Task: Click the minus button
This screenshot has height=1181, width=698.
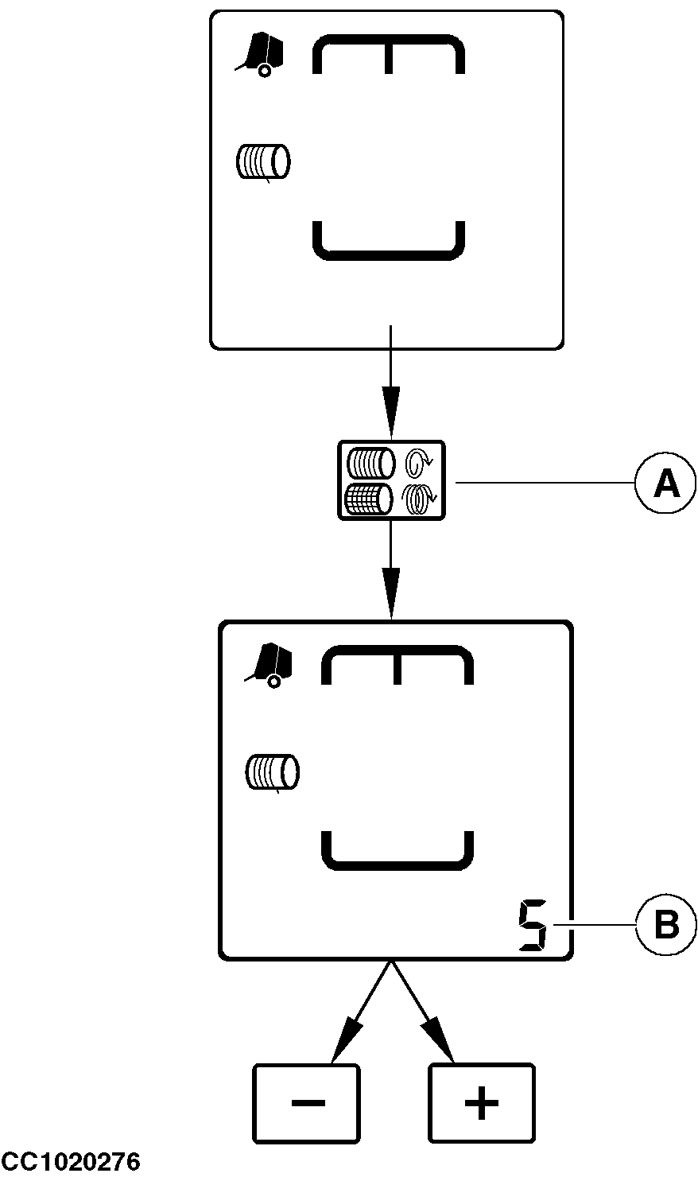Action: point(306,1103)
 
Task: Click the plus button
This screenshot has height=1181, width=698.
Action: point(481,1103)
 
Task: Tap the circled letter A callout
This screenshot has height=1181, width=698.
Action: point(665,482)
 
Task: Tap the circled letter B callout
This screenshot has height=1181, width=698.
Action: point(665,925)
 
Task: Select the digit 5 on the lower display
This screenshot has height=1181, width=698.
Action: point(532,927)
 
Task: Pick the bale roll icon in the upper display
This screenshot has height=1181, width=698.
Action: point(264,161)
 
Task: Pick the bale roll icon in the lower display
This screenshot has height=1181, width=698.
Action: point(273,772)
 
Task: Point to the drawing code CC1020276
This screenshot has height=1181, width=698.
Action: point(70,1163)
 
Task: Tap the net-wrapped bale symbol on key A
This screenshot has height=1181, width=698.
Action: point(370,499)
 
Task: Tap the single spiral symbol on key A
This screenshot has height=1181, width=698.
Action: point(418,461)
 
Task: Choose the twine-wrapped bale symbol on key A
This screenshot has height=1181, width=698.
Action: point(370,462)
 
